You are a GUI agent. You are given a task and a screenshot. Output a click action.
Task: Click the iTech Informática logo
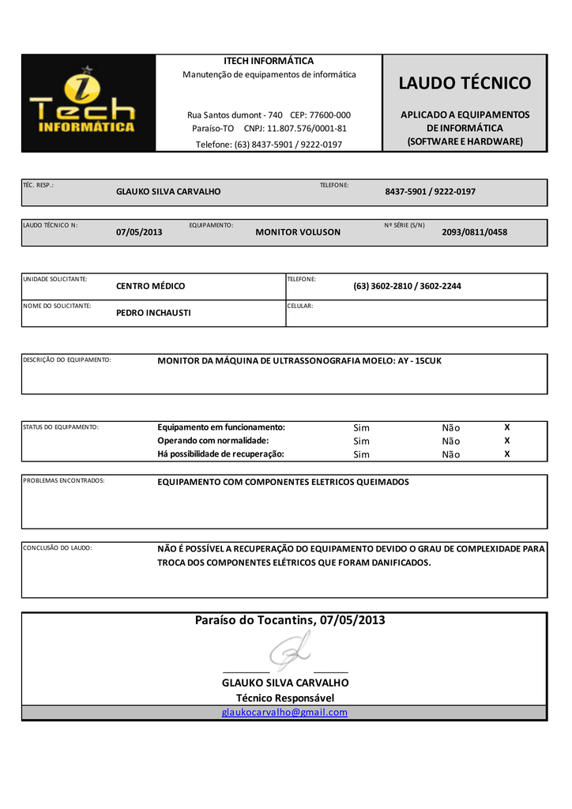(x=88, y=103)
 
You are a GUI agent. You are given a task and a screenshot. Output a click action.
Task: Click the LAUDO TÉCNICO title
(x=465, y=83)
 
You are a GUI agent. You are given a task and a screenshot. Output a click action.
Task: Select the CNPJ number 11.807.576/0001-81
(x=306, y=128)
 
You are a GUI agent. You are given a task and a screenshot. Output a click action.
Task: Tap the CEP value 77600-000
(x=330, y=115)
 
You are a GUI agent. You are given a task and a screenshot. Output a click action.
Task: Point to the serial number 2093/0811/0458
(x=474, y=232)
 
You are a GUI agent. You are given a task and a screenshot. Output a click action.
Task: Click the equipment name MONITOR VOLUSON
(x=298, y=232)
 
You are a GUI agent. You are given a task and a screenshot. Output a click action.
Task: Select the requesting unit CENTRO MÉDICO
(x=150, y=286)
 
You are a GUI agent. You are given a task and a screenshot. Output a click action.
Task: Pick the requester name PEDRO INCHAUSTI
(x=153, y=313)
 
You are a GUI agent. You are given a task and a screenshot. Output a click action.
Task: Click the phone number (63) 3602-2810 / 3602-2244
(x=407, y=286)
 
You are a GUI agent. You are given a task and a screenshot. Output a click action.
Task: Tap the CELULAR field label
(x=300, y=306)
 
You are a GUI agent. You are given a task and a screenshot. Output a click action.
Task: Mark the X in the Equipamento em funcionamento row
(x=507, y=427)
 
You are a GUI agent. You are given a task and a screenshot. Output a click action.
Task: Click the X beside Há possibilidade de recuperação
(x=507, y=454)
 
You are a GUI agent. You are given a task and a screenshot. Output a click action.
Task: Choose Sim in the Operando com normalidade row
(x=361, y=441)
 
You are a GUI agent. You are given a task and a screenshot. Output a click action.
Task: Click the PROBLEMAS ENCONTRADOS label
(x=64, y=480)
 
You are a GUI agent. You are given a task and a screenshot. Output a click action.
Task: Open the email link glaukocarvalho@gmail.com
(x=284, y=713)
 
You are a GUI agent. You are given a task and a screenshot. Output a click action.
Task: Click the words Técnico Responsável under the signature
(x=285, y=698)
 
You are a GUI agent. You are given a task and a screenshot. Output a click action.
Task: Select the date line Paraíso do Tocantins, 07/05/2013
(x=290, y=620)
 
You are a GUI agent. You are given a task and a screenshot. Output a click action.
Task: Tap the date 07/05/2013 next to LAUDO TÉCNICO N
(x=139, y=232)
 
